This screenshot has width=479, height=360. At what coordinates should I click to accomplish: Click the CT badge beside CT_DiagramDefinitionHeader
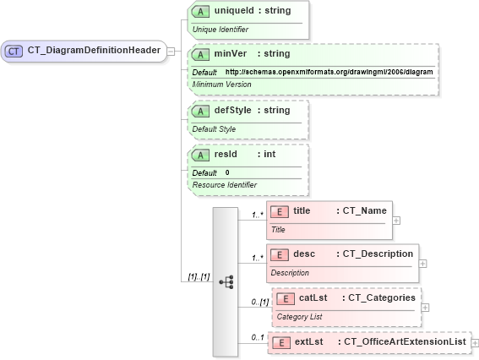(14, 51)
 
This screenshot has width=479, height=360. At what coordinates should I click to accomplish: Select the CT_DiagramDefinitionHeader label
(94, 50)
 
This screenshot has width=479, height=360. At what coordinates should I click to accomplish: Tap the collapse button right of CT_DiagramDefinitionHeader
(171, 51)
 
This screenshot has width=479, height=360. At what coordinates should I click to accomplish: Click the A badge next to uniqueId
(200, 11)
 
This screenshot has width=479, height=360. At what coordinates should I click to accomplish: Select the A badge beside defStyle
(200, 111)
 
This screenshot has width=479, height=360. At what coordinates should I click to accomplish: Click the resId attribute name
(226, 155)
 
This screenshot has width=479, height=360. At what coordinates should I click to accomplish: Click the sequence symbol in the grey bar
(226, 281)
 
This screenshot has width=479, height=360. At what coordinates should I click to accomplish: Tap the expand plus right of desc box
(423, 263)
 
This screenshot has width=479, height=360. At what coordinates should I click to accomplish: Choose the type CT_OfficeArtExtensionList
(406, 342)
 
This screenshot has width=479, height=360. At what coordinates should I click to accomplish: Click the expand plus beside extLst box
(476, 342)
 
